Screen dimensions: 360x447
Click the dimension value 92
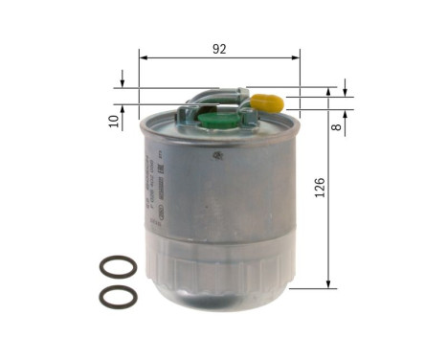coord(219,50)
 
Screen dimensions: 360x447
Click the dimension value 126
coord(319,188)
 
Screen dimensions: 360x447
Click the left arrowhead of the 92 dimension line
coord(144,58)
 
